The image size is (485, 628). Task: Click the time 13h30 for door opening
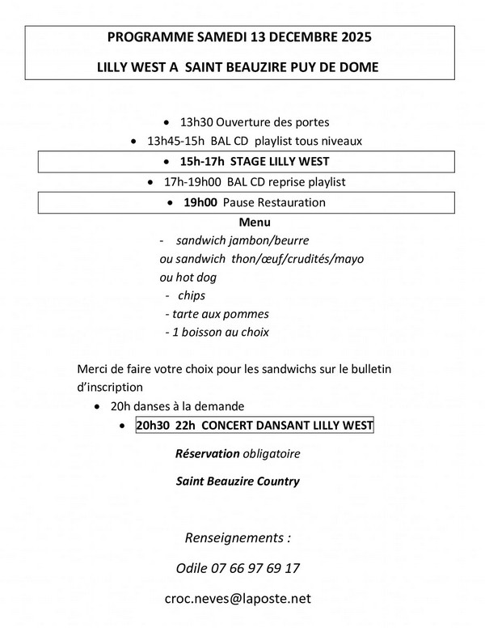click(x=199, y=122)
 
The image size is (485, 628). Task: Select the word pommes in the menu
click(x=247, y=314)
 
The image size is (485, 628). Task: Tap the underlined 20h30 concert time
click(x=154, y=426)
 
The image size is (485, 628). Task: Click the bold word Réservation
click(x=207, y=453)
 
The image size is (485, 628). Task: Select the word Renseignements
click(x=234, y=537)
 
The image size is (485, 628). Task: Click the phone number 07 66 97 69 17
click(x=262, y=568)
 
